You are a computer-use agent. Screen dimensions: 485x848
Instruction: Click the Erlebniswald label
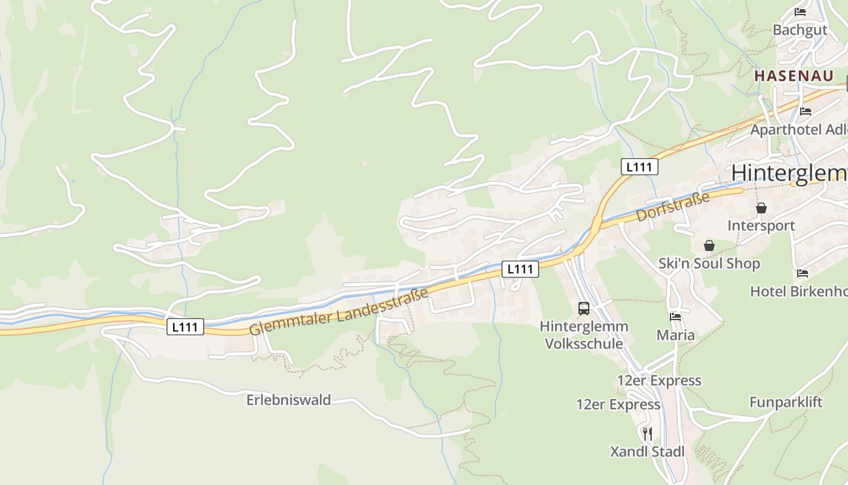tap(288, 400)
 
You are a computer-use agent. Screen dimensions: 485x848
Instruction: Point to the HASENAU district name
tap(793, 76)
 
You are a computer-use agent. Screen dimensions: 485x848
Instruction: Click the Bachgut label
tap(800, 30)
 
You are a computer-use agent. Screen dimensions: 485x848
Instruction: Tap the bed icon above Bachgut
tap(800, 12)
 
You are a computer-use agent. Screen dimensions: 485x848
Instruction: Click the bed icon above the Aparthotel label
tap(805, 112)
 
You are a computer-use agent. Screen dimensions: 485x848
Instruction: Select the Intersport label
tap(761, 226)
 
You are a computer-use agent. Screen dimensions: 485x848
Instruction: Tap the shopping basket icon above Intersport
tap(761, 208)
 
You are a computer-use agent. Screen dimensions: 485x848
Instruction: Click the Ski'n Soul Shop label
tap(709, 264)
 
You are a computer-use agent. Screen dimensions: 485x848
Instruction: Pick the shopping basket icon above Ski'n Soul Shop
tap(709, 246)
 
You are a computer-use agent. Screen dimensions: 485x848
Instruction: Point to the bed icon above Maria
tap(675, 316)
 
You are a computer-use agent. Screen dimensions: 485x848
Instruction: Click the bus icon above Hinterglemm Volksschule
tap(584, 308)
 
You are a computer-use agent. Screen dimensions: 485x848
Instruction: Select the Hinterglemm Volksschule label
tap(584, 335)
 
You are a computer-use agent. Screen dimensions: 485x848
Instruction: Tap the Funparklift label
tap(786, 402)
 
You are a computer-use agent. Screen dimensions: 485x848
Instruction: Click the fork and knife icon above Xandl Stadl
tap(648, 433)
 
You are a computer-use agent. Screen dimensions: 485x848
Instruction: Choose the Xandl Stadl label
tap(647, 452)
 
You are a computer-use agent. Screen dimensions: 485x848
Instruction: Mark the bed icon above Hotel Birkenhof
tap(803, 273)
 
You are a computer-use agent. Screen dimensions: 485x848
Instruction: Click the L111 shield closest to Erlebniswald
tap(185, 327)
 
